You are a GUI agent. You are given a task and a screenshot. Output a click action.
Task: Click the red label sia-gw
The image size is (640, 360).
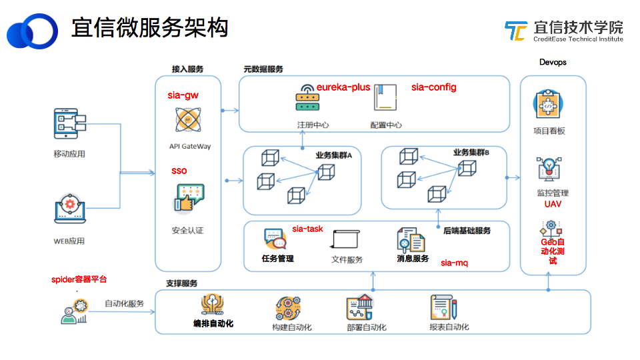pos(183,95)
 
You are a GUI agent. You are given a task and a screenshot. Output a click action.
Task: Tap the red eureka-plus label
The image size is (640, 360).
pos(343,87)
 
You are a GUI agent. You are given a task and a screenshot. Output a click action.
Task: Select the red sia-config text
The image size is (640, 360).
pos(433,87)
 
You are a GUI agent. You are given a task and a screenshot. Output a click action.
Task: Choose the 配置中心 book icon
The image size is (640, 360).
pos(385,99)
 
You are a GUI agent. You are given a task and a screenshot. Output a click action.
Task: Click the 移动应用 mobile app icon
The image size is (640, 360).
pos(69,125)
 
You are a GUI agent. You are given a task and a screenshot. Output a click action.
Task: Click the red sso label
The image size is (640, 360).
pos(179,171)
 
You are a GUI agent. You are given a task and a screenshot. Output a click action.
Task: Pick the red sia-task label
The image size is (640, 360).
pos(307,229)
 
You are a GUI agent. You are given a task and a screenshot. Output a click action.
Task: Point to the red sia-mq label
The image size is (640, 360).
pos(454,263)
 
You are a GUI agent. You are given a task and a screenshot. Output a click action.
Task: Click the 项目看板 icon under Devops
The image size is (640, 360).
pos(550,105)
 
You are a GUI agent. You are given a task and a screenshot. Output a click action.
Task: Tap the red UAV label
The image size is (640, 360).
pos(553,204)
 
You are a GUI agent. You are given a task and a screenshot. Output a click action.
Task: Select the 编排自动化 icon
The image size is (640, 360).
pos(213,305)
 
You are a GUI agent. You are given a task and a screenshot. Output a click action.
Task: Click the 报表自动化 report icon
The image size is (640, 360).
pos(443,307)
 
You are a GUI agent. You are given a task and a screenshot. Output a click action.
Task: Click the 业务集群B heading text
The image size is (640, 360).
pos(471,153)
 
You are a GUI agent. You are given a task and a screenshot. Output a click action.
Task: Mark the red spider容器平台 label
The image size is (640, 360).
pos(79,279)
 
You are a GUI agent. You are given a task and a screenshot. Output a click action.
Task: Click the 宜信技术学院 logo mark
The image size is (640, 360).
pos(515,31)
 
